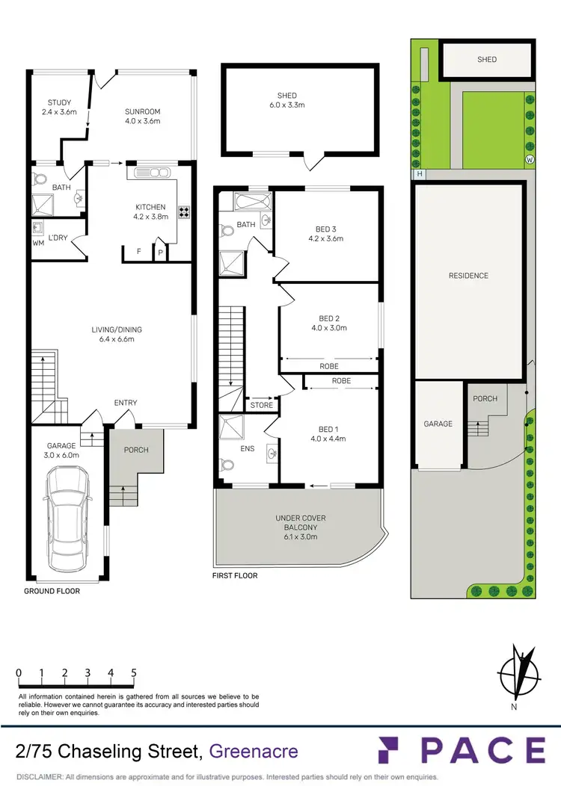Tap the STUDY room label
coord(58,108)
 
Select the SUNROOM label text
coord(142,116)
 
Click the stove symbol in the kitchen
coord(184,211)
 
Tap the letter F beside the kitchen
coord(138,252)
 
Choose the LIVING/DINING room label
coord(117,334)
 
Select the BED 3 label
coord(325,235)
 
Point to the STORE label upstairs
coord(262,406)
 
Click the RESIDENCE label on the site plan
coord(468,276)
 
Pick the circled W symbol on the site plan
coord(530,160)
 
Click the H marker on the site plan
coord(420,174)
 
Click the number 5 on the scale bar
coord(134,672)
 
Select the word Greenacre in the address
coord(254,752)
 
